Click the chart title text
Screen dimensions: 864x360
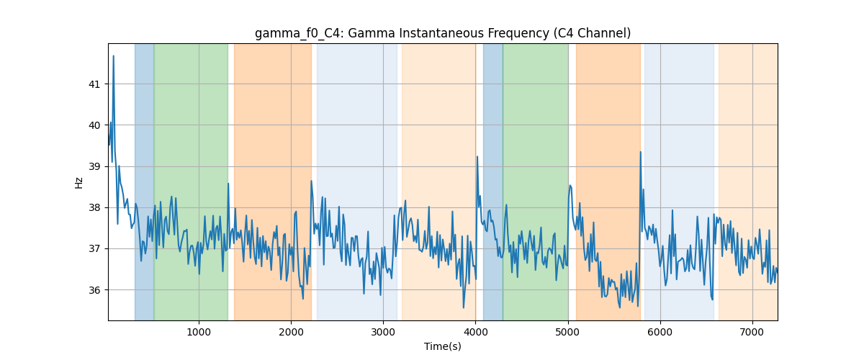[443, 34]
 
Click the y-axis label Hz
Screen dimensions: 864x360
[78, 183]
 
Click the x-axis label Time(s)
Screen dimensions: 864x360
[443, 346]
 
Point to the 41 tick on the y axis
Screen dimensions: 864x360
[94, 84]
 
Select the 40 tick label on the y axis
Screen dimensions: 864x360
[94, 125]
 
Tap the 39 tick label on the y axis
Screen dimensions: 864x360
[94, 167]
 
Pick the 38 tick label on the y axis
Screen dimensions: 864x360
[94, 208]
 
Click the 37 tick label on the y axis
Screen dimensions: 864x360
[94, 249]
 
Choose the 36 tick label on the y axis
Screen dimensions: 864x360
[94, 290]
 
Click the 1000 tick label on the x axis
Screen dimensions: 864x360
[199, 332]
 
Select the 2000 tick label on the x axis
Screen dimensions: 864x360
[291, 332]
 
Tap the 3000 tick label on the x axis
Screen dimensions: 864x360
[383, 332]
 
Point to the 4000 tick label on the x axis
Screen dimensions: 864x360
[476, 332]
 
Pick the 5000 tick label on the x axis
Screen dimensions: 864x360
[568, 332]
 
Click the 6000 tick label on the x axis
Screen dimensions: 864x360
[660, 332]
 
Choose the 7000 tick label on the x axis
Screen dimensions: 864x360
[752, 332]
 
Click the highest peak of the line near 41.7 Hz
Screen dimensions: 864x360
[114, 56]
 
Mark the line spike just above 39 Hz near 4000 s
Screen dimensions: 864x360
[477, 157]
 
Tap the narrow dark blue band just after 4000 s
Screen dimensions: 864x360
[493, 182]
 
